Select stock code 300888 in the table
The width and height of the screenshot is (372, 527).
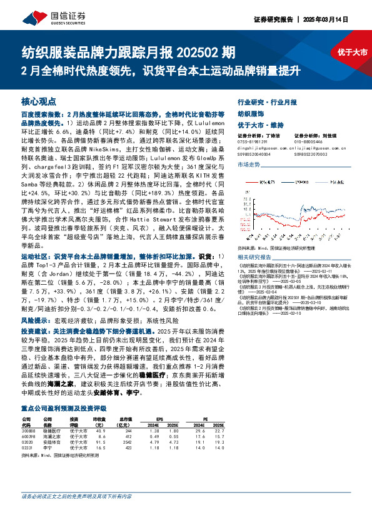[x=28, y=414]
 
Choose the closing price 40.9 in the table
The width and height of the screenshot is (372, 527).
[x=98, y=414]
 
